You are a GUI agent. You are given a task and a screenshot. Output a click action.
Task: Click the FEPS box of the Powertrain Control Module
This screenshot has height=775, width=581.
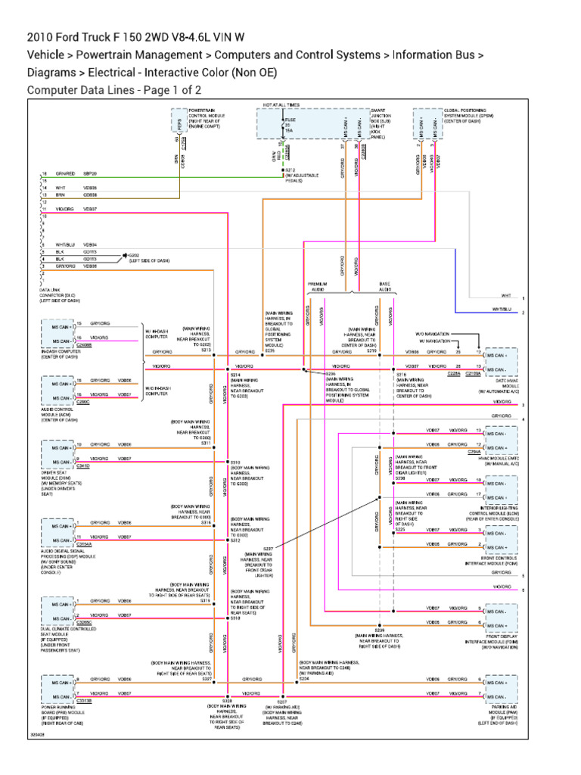point(179,124)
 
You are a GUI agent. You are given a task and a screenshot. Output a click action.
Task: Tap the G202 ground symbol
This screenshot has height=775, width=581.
point(125,256)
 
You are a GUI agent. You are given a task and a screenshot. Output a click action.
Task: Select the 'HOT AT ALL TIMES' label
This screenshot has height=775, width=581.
point(281,104)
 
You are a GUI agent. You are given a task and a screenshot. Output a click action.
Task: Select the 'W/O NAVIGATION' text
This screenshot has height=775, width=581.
point(431,333)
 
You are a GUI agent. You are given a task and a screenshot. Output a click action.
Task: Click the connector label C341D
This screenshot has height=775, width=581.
point(82,466)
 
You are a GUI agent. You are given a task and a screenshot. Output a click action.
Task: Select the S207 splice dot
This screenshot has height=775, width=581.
point(281,693)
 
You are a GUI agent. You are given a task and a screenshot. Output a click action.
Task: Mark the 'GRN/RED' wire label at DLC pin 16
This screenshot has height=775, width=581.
point(65,173)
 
